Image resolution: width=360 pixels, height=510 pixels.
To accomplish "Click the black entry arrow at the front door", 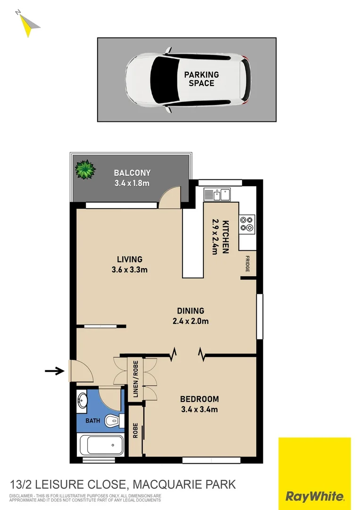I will [54, 371].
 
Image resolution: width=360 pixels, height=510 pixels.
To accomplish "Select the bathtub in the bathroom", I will [100, 445].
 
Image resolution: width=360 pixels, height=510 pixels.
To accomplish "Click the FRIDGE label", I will [247, 263].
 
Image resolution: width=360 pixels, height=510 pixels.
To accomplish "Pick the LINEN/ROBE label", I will [135, 379].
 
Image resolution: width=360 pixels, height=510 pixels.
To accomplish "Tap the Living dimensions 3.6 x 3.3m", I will [130, 270].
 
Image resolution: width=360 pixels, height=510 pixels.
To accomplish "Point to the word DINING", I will [191, 311].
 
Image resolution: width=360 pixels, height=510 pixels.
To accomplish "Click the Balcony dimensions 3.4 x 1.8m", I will [132, 183].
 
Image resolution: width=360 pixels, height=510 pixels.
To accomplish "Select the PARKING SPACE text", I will [201, 79].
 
